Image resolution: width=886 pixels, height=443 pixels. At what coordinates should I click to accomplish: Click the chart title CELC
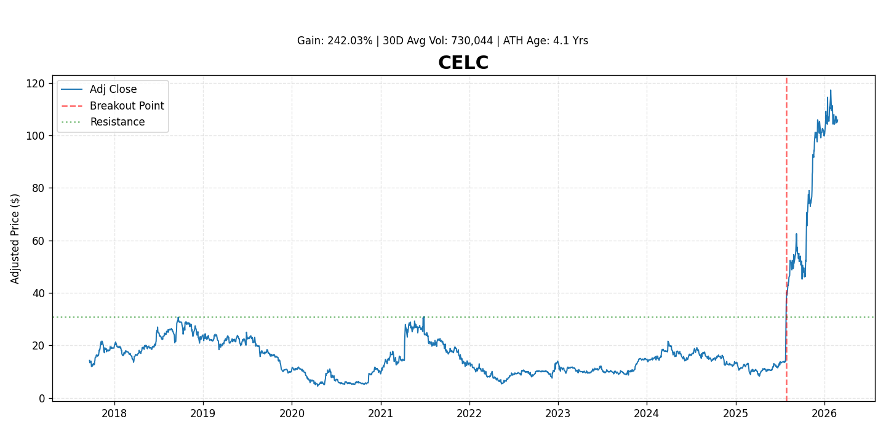[x=463, y=63]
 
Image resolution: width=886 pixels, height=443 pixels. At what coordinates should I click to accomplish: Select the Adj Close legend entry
[x=113, y=90]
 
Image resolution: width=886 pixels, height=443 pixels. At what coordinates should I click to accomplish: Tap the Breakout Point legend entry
[x=127, y=106]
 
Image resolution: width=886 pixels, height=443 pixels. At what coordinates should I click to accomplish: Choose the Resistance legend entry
[x=118, y=122]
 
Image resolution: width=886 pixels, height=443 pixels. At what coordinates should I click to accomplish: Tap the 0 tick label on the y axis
[x=41, y=398]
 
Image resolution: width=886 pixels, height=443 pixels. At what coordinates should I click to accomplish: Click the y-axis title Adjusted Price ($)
[x=15, y=239]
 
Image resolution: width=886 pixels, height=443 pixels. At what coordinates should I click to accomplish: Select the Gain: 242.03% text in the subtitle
[x=335, y=41]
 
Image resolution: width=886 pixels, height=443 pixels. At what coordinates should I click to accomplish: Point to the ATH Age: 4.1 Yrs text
[x=546, y=41]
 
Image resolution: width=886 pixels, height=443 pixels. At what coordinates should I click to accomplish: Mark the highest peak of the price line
[x=830, y=90]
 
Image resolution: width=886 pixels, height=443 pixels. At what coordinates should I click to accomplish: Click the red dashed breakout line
[x=786, y=185]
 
